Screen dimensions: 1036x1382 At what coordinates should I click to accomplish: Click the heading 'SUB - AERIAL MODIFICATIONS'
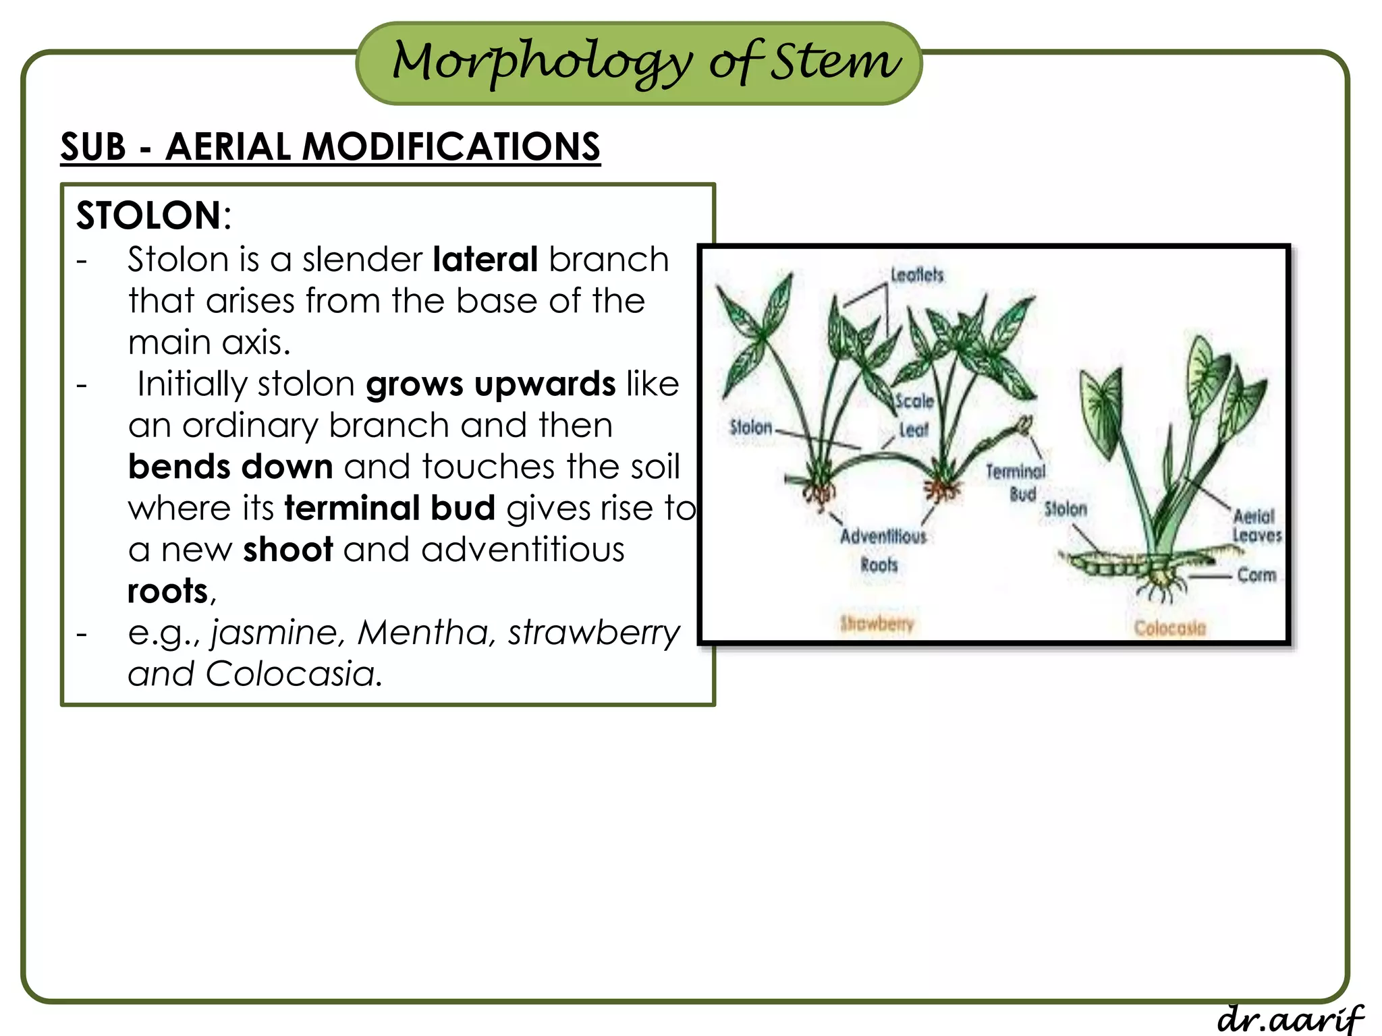point(330,146)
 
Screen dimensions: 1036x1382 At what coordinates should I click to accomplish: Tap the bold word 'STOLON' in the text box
point(148,216)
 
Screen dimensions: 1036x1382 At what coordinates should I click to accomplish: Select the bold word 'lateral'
point(485,260)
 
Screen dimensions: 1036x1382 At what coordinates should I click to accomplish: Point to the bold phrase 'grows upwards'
point(491,384)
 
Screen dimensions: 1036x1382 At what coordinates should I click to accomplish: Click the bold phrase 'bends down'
point(230,467)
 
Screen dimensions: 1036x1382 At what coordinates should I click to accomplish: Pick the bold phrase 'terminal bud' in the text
point(389,508)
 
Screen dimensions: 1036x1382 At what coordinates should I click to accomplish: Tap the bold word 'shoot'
point(287,550)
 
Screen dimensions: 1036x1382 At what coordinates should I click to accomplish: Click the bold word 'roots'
point(167,592)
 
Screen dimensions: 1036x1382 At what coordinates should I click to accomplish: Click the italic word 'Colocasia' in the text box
point(290,674)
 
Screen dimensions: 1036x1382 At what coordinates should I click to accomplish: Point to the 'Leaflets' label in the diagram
point(916,275)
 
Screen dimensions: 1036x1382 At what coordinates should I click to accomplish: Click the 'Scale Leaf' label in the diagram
point(914,415)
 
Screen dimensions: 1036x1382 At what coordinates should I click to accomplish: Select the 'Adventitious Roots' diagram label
point(882,550)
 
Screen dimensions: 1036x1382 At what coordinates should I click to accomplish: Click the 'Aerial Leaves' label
point(1256,525)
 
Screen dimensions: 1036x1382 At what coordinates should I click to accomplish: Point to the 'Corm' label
point(1256,575)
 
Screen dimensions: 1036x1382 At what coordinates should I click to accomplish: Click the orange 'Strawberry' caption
point(876,624)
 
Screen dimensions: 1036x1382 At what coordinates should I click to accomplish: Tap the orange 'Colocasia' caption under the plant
point(1169,628)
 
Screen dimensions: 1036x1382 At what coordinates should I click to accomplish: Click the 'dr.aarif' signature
point(1290,1018)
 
